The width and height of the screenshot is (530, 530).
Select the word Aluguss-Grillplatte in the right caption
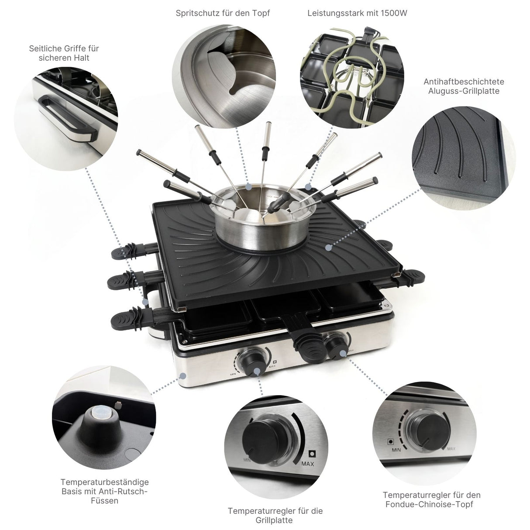point(464,91)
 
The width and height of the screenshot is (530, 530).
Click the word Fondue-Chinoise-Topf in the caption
point(429,504)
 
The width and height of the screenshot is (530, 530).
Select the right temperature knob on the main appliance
point(338,345)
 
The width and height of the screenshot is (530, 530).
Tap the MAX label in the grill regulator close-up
point(307,464)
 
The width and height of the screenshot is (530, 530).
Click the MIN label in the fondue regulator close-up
point(396,450)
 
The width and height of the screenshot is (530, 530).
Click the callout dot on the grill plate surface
point(328,247)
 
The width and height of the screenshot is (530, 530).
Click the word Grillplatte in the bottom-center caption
point(275,520)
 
